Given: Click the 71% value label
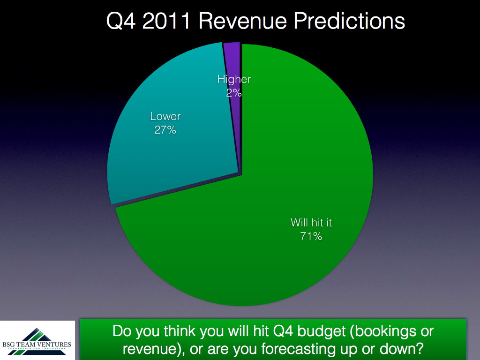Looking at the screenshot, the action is (x=311, y=236).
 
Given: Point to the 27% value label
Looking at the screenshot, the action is (x=165, y=130).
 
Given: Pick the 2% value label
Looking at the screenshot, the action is (x=234, y=93).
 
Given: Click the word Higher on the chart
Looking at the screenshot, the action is (x=234, y=79).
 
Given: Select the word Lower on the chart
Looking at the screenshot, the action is (x=165, y=116).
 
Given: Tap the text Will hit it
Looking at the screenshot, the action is (x=311, y=223).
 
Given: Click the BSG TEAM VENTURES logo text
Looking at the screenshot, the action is (x=37, y=345).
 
